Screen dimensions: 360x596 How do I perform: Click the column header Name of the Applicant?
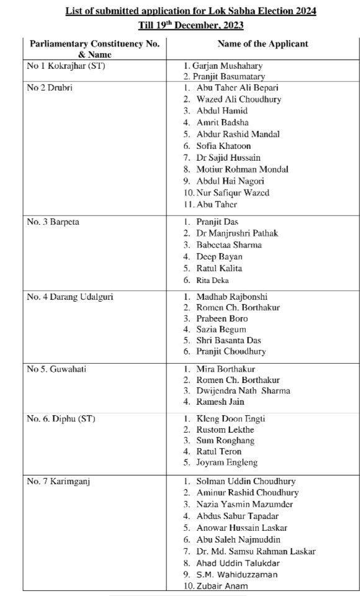[x=263, y=44]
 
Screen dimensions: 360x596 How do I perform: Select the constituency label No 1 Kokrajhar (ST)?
[x=66, y=66]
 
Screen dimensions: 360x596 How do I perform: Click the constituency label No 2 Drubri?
[x=50, y=88]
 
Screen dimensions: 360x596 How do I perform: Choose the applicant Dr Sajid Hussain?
[x=228, y=158]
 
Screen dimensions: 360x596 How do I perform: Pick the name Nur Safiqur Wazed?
[x=233, y=192]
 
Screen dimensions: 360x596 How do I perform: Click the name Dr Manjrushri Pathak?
[x=237, y=233]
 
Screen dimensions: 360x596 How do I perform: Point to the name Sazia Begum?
[x=221, y=330]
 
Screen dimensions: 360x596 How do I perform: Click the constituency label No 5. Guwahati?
[x=56, y=369]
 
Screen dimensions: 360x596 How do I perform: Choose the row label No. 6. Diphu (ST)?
[x=61, y=419]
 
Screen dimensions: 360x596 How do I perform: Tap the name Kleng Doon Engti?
[x=230, y=419]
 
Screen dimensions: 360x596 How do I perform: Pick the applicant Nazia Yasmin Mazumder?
[x=245, y=504]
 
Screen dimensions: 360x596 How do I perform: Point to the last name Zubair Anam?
[x=222, y=586]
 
